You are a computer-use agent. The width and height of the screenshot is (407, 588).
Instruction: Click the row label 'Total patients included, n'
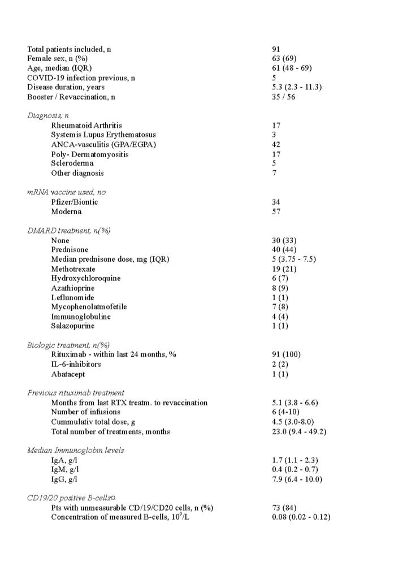[69, 49]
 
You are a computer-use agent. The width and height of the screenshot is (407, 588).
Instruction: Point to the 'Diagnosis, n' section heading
[48, 115]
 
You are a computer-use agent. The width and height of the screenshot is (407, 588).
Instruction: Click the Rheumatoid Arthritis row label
[86, 125]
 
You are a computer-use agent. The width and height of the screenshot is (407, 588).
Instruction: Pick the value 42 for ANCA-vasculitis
[276, 144]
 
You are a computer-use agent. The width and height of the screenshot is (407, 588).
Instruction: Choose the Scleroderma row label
[72, 163]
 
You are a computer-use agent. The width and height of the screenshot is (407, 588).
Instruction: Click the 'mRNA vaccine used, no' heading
[66, 192]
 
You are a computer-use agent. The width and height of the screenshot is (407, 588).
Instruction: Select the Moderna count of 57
[276, 211]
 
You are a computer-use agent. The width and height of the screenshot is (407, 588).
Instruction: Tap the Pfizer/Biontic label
[74, 202]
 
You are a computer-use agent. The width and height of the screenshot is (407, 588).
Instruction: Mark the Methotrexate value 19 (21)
[284, 269]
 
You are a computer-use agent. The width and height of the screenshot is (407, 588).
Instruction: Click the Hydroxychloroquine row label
[86, 278]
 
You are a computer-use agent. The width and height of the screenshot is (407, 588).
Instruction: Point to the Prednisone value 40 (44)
[284, 249]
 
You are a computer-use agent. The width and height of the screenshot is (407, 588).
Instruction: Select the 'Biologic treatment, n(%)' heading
[68, 345]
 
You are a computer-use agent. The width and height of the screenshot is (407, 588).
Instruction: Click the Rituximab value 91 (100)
[287, 354]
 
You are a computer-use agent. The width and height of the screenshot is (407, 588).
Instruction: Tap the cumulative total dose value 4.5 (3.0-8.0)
[294, 422]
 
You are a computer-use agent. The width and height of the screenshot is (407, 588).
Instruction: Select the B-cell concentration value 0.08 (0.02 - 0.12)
[301, 517]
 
